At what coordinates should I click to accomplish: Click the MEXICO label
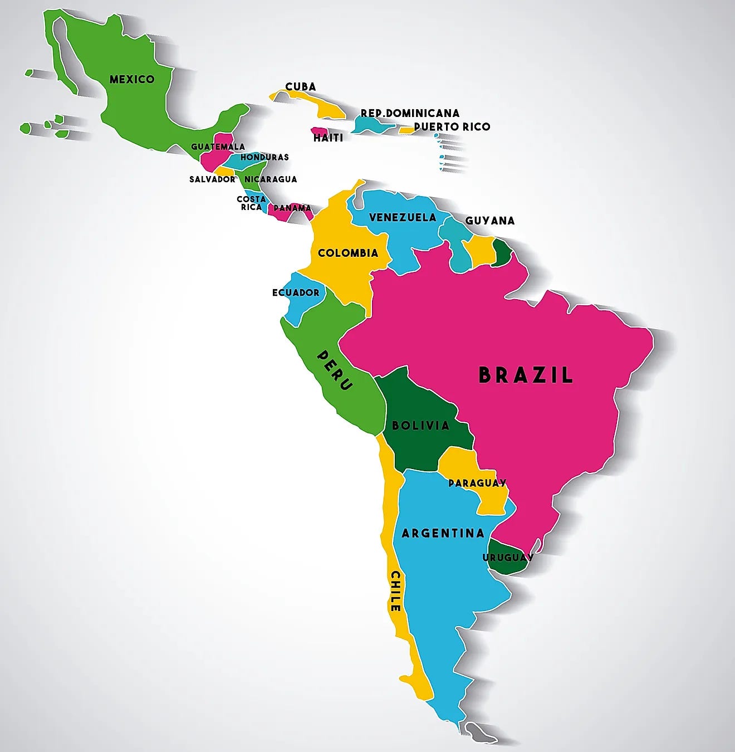(132, 79)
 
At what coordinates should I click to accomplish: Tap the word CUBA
(301, 86)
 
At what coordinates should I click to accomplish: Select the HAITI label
(328, 138)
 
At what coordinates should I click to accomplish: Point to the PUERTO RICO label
(452, 126)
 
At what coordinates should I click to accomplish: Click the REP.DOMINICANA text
(410, 113)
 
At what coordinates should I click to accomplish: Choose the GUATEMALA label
(218, 147)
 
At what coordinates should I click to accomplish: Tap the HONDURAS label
(264, 157)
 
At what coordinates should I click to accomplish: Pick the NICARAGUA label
(271, 179)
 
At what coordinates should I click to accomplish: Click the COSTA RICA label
(251, 203)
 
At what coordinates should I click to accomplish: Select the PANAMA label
(292, 208)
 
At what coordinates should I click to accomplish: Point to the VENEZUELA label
(403, 217)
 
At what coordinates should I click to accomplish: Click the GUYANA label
(490, 221)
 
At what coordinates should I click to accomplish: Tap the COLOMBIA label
(348, 253)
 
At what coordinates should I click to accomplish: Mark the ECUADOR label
(296, 292)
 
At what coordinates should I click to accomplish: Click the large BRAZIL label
(526, 375)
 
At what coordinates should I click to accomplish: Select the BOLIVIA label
(420, 426)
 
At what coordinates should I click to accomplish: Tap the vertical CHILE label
(395, 591)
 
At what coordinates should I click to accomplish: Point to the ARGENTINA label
(443, 533)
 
